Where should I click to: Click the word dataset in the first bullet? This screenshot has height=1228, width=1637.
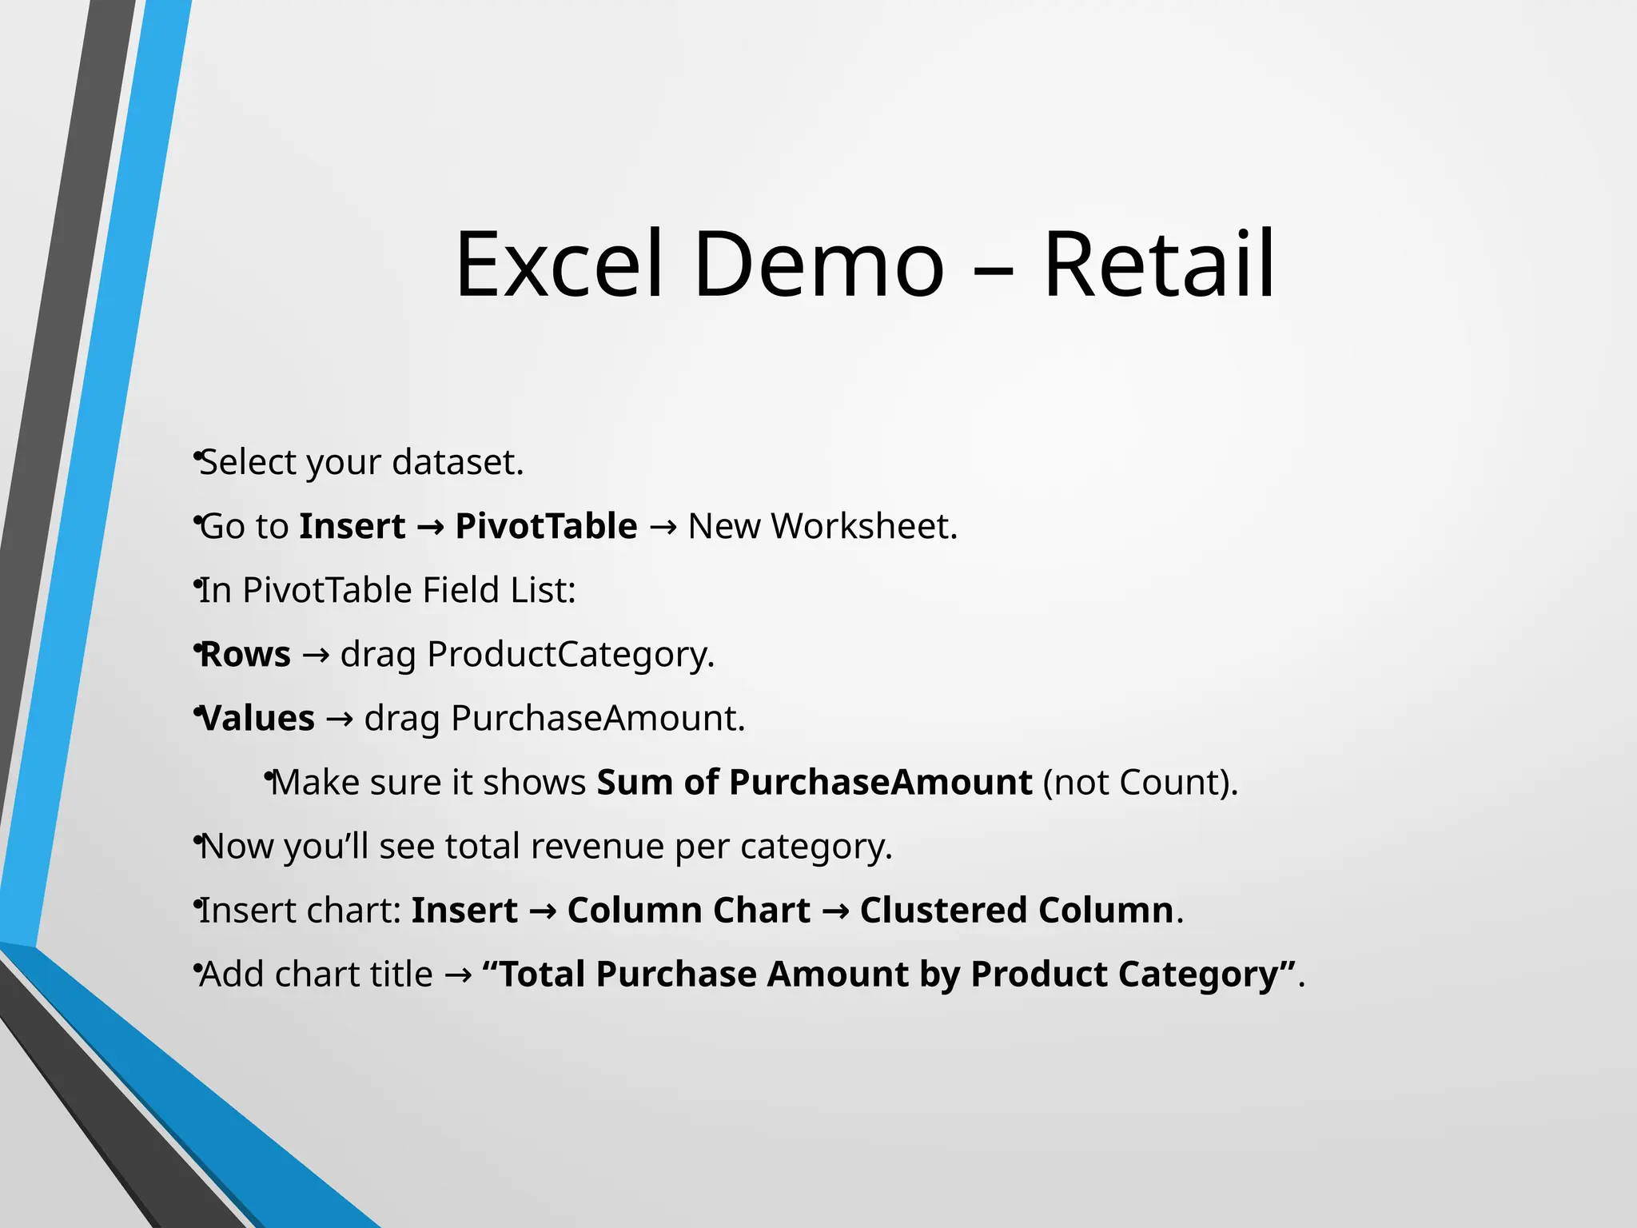(457, 462)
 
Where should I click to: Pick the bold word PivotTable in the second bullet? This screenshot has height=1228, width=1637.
(546, 526)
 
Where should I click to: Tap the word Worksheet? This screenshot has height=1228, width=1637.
(863, 526)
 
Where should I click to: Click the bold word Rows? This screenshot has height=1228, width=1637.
(245, 654)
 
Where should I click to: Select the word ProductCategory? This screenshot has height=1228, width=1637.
(570, 654)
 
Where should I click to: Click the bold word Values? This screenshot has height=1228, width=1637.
(257, 718)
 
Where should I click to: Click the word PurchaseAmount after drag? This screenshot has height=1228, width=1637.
(597, 718)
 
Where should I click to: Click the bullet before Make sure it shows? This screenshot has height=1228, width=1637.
(269, 775)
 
